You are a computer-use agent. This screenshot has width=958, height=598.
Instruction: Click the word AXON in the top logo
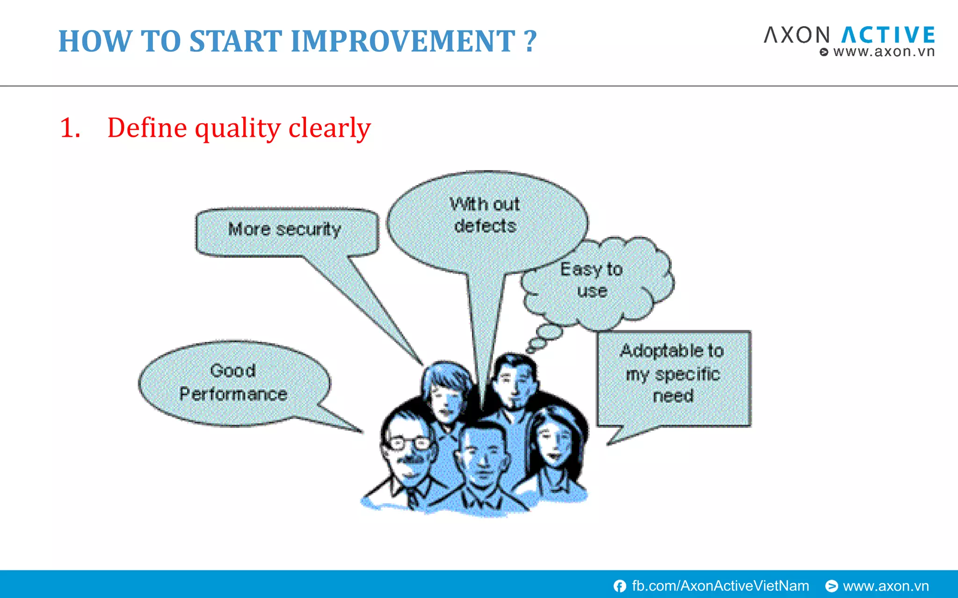[796, 36]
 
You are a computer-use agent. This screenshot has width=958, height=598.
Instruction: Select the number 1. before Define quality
[70, 128]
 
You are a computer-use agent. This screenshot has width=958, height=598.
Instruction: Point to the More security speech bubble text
[284, 229]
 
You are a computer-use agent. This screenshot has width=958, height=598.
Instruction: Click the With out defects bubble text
[485, 215]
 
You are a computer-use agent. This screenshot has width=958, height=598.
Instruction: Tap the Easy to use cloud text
[592, 279]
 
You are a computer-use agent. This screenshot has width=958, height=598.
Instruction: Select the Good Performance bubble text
[233, 382]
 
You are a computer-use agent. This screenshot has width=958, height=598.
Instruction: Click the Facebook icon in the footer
[620, 586]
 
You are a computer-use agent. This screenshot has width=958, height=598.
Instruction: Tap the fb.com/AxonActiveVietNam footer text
[720, 586]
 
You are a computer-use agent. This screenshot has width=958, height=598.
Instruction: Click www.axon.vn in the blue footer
[885, 586]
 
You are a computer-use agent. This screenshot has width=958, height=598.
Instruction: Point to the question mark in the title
[530, 41]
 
